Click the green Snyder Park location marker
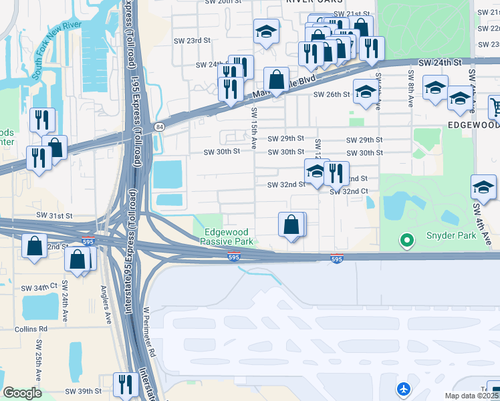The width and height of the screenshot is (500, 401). tap(405, 239)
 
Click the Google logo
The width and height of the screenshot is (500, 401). tap(23, 393)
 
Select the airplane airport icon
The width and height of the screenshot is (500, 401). tap(403, 388)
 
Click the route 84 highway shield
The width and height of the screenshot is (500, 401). tap(158, 126)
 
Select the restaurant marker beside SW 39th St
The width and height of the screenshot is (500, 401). tap(125, 385)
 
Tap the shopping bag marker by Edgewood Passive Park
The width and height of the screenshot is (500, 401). tap(291, 225)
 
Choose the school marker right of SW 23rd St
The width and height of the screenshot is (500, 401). tap(266, 31)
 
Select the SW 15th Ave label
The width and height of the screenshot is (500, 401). tap(254, 128)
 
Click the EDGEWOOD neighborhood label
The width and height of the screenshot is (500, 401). tap(473, 125)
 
